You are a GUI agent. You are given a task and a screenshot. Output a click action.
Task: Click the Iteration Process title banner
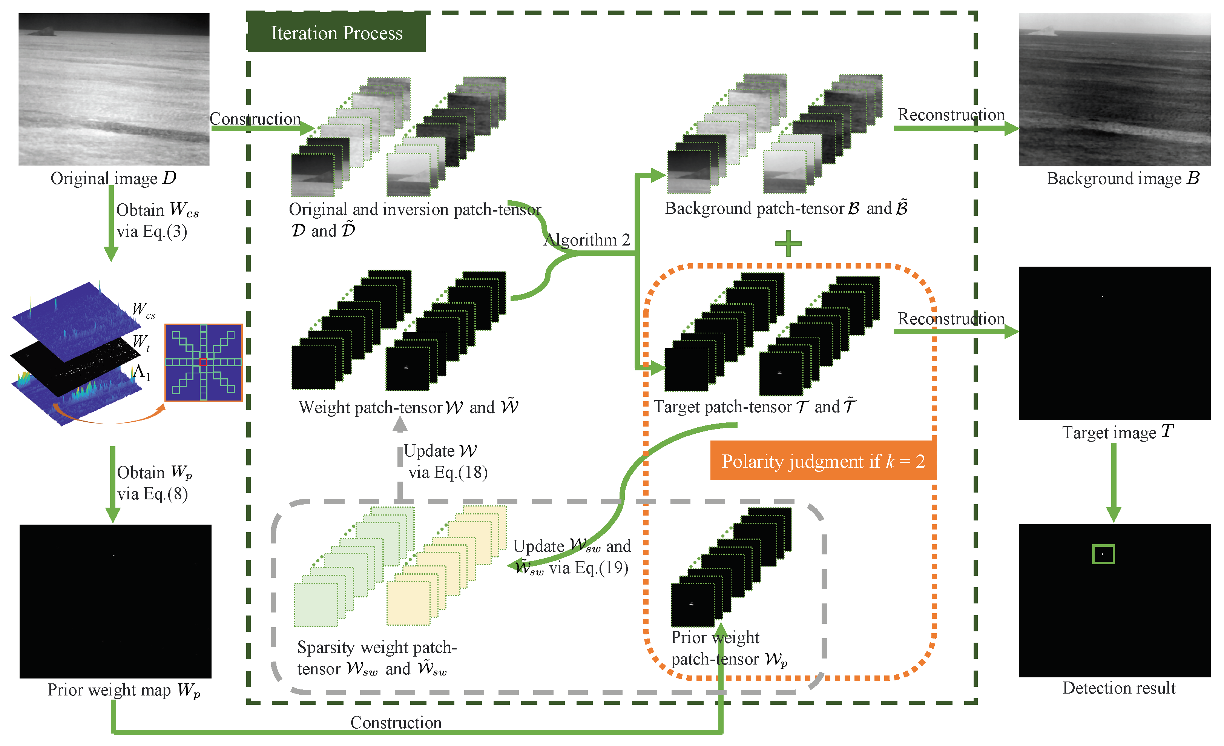(x=336, y=33)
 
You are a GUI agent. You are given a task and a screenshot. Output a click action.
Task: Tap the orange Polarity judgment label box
(x=823, y=461)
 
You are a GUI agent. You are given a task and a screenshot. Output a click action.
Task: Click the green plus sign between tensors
(x=788, y=244)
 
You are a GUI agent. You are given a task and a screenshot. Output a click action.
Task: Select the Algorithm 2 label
(x=587, y=240)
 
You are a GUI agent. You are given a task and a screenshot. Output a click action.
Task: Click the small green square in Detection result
(x=1103, y=554)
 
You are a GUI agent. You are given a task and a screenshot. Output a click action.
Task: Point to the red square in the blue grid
(x=203, y=362)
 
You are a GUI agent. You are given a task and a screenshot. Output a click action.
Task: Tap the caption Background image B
(x=1123, y=178)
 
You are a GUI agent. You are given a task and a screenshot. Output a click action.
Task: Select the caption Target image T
(x=1117, y=432)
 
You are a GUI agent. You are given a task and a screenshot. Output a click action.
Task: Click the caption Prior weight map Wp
(x=124, y=690)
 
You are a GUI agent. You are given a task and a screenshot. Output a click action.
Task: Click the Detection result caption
(x=1119, y=688)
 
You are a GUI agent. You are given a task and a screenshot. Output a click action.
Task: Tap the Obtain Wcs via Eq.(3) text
(x=157, y=221)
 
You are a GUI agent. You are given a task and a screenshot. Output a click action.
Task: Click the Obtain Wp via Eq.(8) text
(x=154, y=483)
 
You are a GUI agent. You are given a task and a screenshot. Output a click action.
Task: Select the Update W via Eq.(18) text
(x=445, y=461)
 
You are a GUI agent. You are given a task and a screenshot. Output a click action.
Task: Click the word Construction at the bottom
(x=396, y=722)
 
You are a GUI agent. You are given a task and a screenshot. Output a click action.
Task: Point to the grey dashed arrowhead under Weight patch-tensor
(x=400, y=424)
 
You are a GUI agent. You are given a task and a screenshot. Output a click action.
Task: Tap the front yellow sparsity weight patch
(x=408, y=603)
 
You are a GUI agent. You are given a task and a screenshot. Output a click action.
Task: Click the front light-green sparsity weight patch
(x=316, y=604)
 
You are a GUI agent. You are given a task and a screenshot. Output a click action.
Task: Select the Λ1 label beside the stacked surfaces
(x=141, y=372)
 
